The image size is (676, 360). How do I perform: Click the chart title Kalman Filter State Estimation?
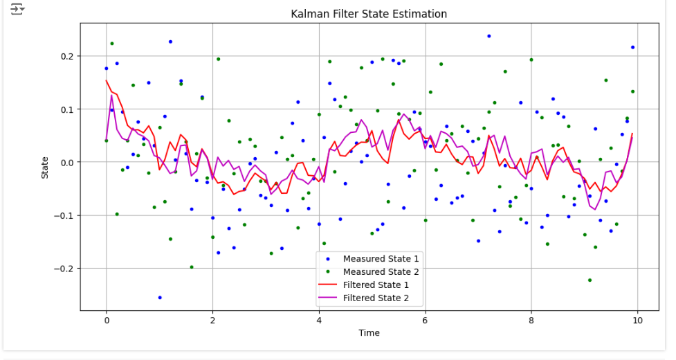369,14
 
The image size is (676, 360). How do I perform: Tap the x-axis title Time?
369,333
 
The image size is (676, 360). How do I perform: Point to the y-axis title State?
45,166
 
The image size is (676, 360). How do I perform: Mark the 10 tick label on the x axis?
637,321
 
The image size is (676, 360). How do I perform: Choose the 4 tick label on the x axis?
319,321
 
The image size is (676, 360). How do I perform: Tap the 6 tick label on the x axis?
425,321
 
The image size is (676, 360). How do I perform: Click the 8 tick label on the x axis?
531,321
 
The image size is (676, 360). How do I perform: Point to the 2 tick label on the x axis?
212,321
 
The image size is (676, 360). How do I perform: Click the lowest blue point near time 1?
160,298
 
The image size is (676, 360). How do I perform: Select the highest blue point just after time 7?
488,36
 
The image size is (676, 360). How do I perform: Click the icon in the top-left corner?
17,9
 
